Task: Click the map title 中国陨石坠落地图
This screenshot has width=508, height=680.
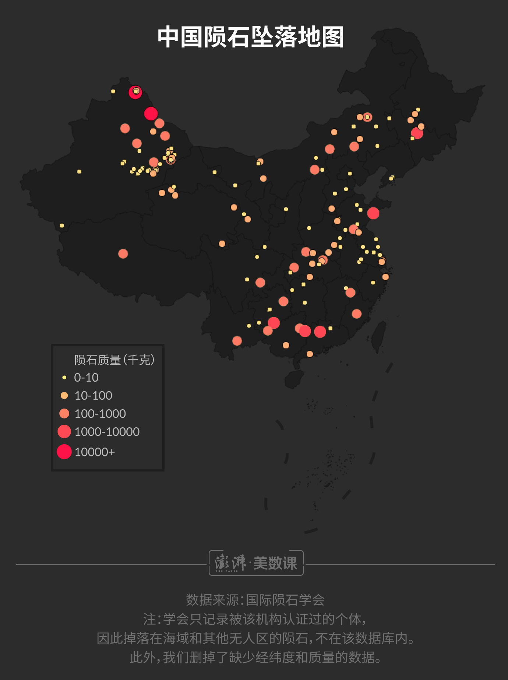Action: click(x=251, y=37)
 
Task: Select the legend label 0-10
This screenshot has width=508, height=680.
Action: click(x=86, y=378)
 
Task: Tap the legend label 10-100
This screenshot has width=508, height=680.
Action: click(x=93, y=396)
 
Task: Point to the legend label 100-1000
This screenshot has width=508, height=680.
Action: click(x=100, y=414)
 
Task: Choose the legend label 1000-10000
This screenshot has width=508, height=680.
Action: click(x=107, y=432)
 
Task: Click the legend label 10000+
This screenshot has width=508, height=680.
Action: click(x=95, y=452)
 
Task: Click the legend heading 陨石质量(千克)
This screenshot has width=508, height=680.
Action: click(x=114, y=360)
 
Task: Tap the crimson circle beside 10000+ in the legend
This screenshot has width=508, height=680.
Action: click(x=64, y=452)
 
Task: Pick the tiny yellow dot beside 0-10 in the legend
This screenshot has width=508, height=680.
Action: click(x=64, y=378)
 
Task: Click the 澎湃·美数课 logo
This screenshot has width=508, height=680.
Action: click(x=256, y=563)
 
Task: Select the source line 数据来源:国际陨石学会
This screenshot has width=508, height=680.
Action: click(x=255, y=600)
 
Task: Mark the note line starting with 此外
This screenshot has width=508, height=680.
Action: click(x=255, y=658)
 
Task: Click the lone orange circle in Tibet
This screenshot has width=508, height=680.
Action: click(x=123, y=254)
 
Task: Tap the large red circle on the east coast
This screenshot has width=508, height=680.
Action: click(x=373, y=213)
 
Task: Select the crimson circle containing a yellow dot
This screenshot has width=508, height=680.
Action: click(x=135, y=92)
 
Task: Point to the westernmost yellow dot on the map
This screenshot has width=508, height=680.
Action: click(x=61, y=225)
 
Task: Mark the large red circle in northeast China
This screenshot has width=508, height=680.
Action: click(x=417, y=133)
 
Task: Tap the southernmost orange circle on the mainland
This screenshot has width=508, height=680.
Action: click(x=310, y=354)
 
